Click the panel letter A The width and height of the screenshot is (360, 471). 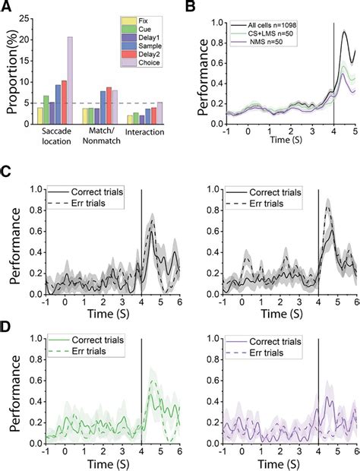point(7,8)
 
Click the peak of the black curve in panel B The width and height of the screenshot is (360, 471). point(346,32)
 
